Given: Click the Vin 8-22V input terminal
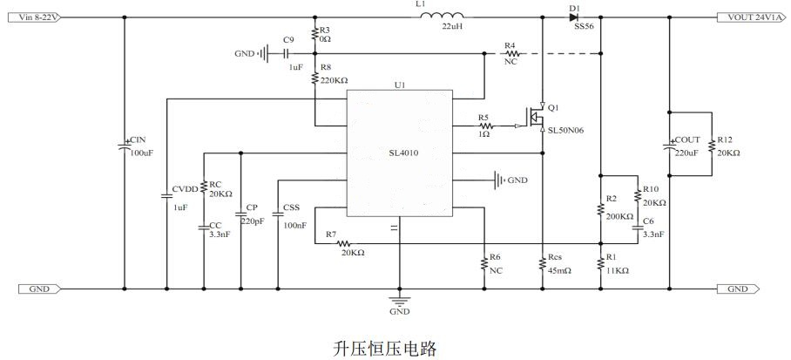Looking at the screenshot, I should click(33, 17).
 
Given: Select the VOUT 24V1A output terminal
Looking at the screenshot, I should click(752, 17).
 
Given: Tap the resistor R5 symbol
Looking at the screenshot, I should click(485, 126).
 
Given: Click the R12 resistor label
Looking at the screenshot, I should click(726, 139).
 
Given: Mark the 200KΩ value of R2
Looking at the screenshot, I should click(620, 215).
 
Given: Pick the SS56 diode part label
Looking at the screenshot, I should click(584, 29).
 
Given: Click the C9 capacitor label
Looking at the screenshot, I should click(288, 39).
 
